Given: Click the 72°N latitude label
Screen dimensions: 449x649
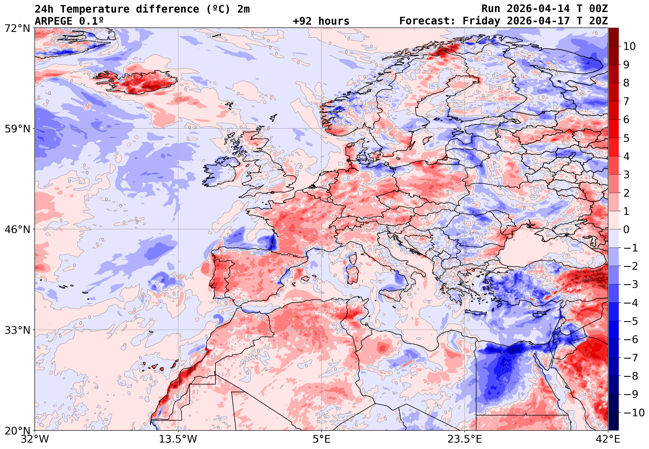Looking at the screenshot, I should click(x=17, y=28).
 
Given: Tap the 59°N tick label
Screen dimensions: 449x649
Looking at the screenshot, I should click(x=17, y=129).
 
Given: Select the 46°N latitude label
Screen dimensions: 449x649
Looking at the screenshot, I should click(x=17, y=229).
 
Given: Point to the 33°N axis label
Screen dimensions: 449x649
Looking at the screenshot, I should click(x=17, y=330).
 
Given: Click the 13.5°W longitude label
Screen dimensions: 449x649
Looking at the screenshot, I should click(x=178, y=439).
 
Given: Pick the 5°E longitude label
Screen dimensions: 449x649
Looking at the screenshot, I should click(x=321, y=439).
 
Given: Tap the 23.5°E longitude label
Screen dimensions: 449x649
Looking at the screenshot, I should click(x=464, y=439).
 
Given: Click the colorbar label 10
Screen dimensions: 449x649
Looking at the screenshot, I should click(x=629, y=46).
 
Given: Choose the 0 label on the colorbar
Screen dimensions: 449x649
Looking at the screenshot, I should click(x=626, y=230).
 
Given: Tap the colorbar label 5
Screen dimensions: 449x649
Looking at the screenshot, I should click(x=626, y=138).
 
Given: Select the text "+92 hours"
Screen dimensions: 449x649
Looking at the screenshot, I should click(x=321, y=21).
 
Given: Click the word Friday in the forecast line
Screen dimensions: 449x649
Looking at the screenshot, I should click(x=481, y=21).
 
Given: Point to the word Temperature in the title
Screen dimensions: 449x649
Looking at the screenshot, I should click(x=95, y=9).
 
